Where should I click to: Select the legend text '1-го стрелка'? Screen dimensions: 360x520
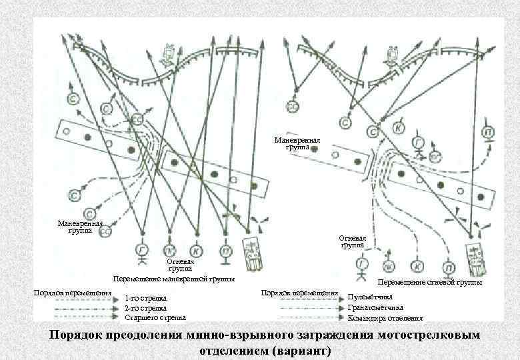point(146,298)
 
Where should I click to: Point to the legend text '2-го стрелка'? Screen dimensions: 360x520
point(146,308)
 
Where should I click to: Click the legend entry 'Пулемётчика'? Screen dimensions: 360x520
point(371,297)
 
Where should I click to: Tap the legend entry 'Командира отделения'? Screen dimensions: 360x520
point(385,318)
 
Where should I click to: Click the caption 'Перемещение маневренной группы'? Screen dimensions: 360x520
point(174,279)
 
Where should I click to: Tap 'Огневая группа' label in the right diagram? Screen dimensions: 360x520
point(353,241)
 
